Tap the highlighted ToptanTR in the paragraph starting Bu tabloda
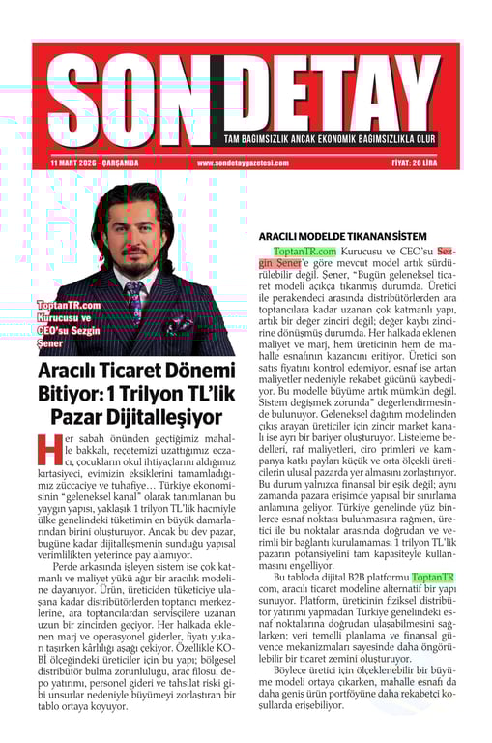[x=434, y=578]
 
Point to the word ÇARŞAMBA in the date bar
[x=120, y=163]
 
